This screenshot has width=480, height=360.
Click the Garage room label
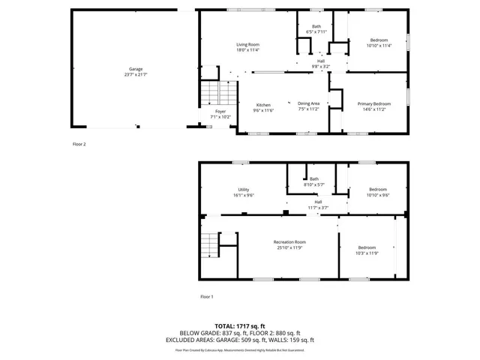click(135, 69)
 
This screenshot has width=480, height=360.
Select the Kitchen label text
click(263, 104)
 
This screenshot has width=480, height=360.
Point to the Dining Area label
click(308, 103)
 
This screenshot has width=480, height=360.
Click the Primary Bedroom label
click(373, 103)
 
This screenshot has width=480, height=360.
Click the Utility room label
click(244, 190)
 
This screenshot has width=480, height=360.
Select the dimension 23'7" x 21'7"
click(135, 75)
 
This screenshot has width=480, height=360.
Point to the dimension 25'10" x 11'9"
click(289, 247)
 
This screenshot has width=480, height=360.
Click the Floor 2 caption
click(79, 143)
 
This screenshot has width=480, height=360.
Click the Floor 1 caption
click(207, 297)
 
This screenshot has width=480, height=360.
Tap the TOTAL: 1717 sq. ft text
click(239, 325)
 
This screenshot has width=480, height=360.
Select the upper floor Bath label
click(316, 27)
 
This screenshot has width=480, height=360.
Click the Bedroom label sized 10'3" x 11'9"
click(367, 247)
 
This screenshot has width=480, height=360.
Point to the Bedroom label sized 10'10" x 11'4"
click(379, 40)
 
